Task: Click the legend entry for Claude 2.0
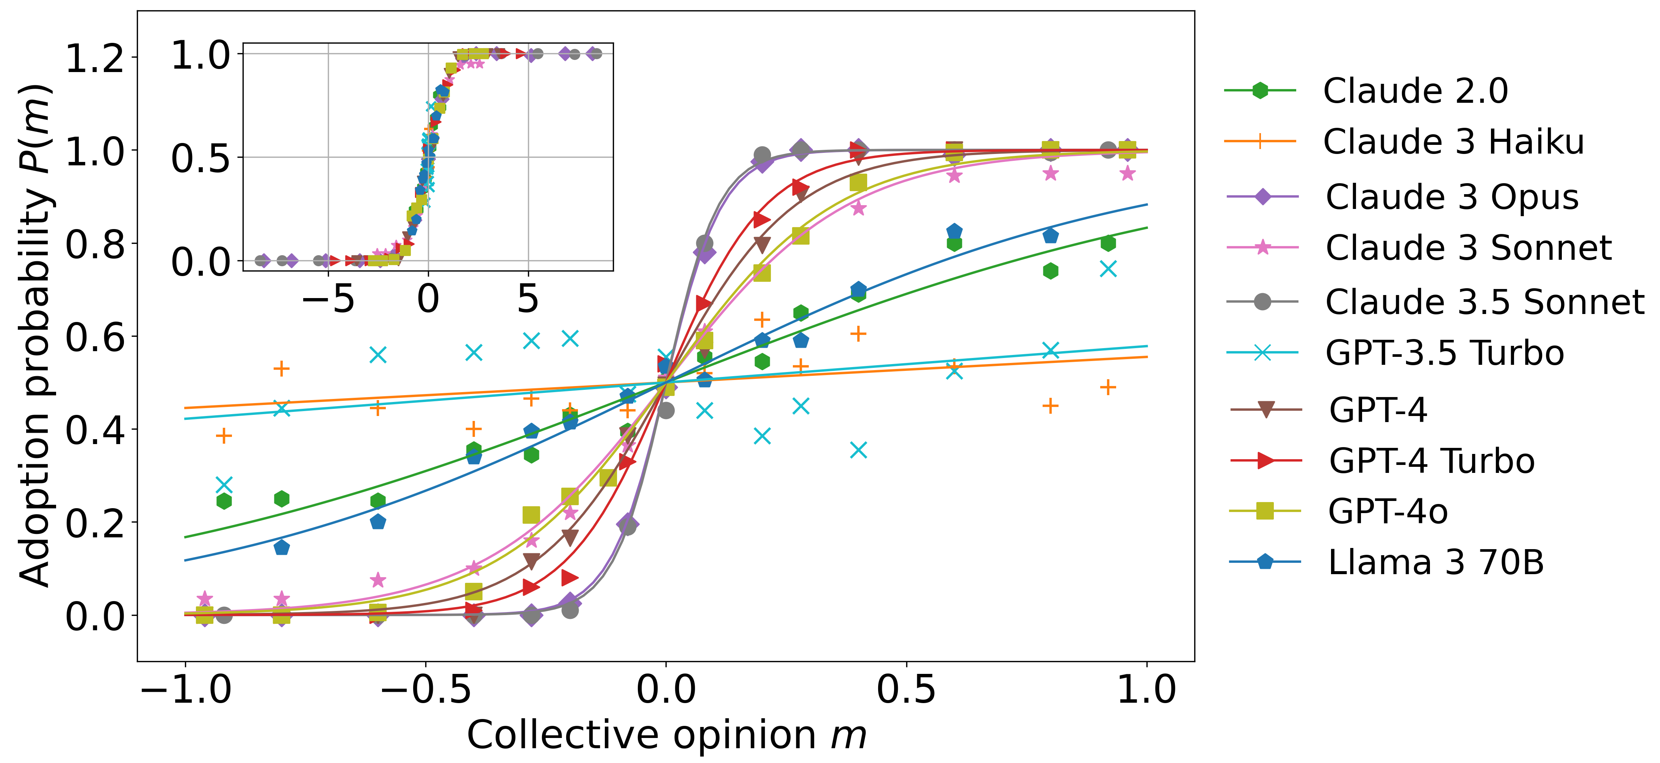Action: coord(1415,91)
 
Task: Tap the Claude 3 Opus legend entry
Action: coord(1452,197)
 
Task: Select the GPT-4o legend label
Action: coord(1388,512)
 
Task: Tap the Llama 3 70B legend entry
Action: coord(1436,562)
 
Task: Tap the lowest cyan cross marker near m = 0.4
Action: coord(858,449)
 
